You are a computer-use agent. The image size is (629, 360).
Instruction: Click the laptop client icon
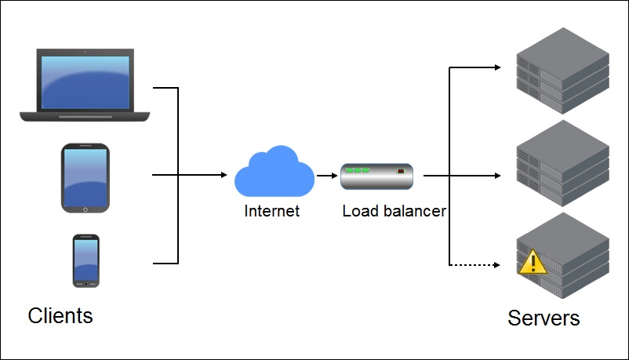click(x=85, y=85)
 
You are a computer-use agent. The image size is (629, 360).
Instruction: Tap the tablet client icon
click(x=85, y=178)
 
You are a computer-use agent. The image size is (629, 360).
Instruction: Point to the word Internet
click(x=272, y=211)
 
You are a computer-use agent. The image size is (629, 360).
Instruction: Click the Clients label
click(x=60, y=315)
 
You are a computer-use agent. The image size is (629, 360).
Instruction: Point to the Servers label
click(x=544, y=318)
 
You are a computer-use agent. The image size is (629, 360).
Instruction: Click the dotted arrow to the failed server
click(x=473, y=265)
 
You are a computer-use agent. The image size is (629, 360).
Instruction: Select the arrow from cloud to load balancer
click(x=327, y=176)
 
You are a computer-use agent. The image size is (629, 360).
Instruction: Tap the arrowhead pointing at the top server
click(x=496, y=67)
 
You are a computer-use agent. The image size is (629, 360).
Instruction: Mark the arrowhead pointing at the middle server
click(x=496, y=176)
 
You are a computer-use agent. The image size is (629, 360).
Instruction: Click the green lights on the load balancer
click(x=358, y=170)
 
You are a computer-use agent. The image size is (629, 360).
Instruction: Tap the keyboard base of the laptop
click(x=85, y=116)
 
